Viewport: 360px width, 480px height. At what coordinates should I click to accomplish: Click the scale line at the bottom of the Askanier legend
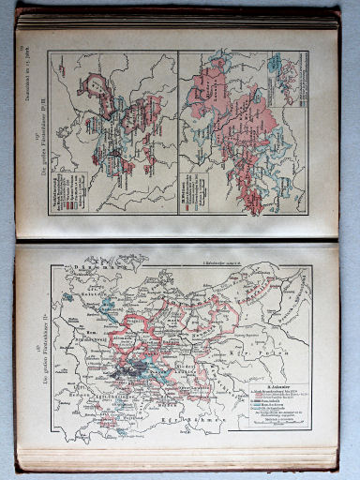click(x=281, y=433)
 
